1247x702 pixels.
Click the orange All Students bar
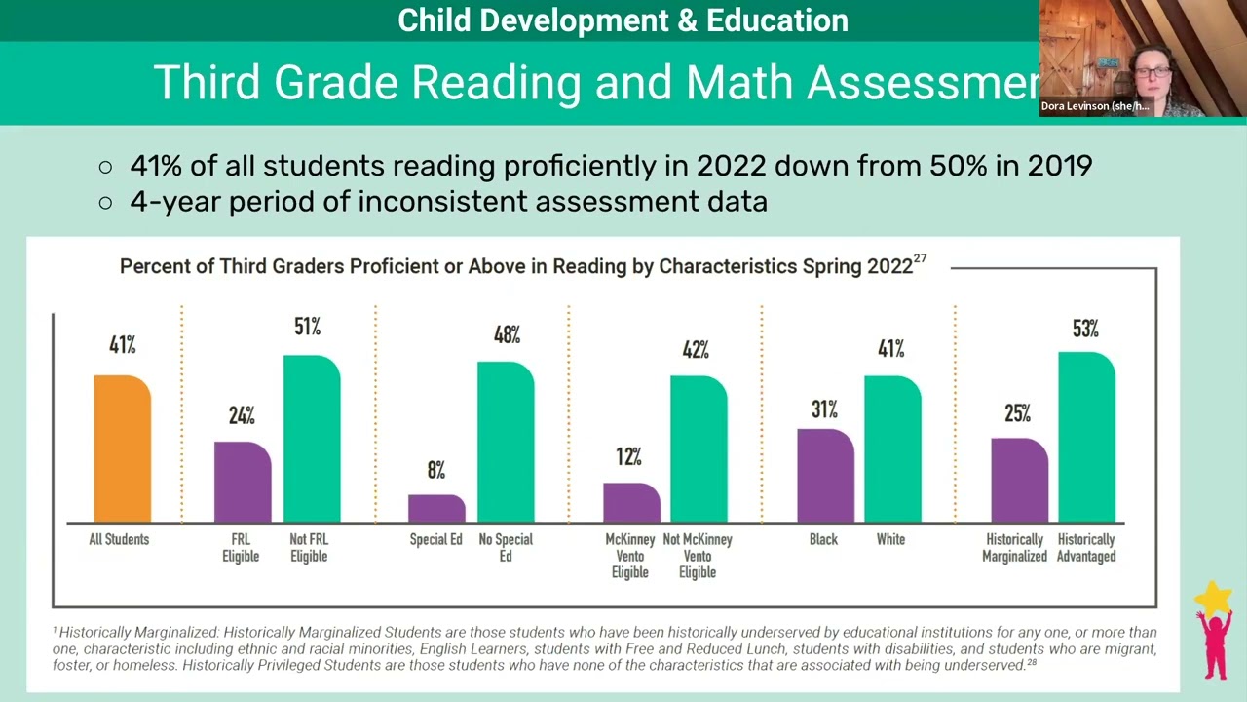coord(122,448)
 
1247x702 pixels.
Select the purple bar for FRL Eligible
coord(243,482)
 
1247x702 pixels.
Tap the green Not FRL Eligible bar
coord(312,439)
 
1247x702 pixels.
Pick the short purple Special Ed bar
coord(436,508)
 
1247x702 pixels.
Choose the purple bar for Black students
coord(825,475)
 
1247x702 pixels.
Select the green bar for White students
coord(892,448)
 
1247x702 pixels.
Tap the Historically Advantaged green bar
coord(1086,437)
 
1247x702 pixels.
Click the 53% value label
coord(1085,330)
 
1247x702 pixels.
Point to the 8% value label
coord(435,471)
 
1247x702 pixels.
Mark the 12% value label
coord(628,456)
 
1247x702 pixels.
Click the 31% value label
coord(824,409)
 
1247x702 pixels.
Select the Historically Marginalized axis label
coord(1014,548)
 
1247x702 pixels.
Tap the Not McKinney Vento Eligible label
coord(698,556)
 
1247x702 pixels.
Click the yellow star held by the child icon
coord(1214,597)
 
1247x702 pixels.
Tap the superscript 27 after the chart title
coord(920,259)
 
